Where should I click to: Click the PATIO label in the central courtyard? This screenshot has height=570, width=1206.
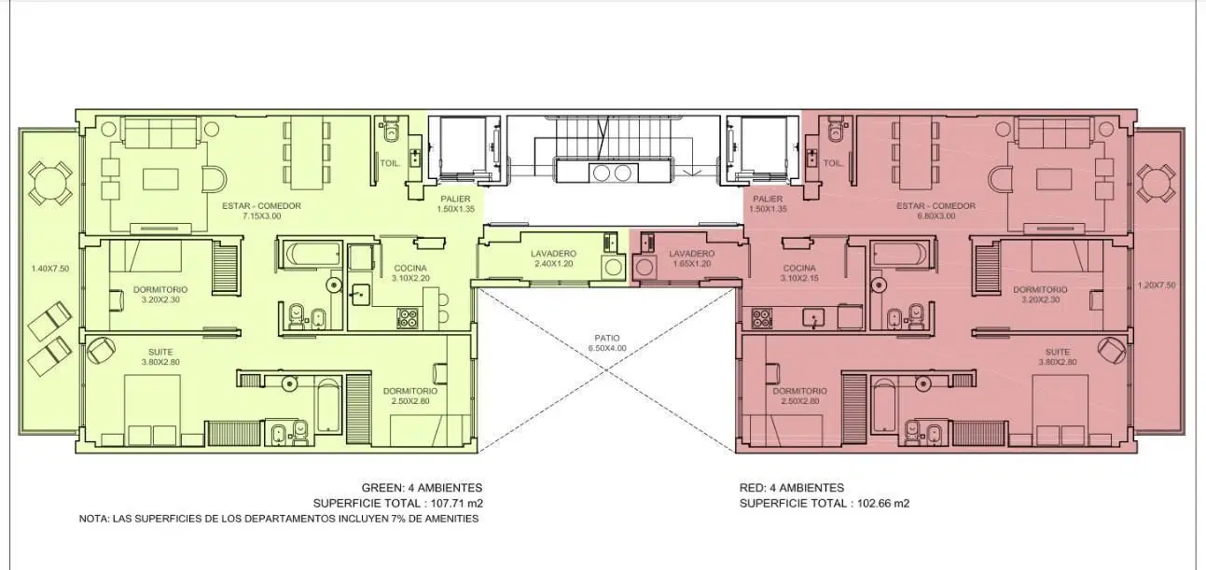[x=607, y=338]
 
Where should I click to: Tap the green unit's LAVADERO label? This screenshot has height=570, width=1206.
[x=553, y=253]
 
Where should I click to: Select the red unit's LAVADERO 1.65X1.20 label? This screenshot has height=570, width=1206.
[x=692, y=258]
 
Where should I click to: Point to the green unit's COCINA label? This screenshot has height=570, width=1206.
[x=410, y=268]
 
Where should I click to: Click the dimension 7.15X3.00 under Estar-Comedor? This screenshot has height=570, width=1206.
[x=262, y=216]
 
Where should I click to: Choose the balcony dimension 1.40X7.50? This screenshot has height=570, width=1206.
[x=50, y=269]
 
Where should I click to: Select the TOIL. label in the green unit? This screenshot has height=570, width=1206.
[x=390, y=163]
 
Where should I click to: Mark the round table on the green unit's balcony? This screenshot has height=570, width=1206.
[x=49, y=182]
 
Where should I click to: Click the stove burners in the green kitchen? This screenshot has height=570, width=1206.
[x=408, y=318]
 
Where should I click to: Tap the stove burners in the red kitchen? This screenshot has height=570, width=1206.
[x=762, y=318]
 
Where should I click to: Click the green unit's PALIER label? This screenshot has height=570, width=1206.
[x=455, y=199]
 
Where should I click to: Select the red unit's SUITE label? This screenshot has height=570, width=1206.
[x=1058, y=352]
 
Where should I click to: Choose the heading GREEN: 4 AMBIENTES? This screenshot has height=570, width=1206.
[x=422, y=488]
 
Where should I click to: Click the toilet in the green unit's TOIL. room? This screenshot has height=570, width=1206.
[x=392, y=131]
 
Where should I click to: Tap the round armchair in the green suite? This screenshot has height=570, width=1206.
[x=101, y=350]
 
